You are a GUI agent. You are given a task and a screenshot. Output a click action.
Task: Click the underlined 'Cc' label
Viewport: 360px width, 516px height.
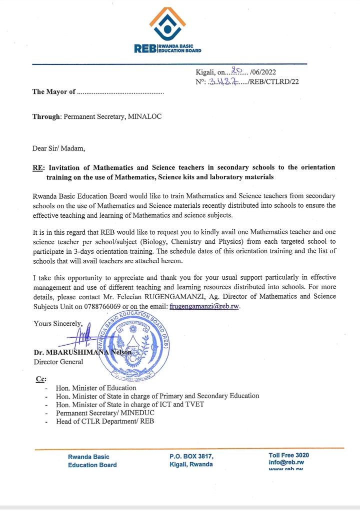pos(40,379)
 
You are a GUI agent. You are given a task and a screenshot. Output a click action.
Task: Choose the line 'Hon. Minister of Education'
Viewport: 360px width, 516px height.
pos(96,387)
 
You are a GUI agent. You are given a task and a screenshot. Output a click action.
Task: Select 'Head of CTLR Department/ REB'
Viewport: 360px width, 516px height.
pos(105,421)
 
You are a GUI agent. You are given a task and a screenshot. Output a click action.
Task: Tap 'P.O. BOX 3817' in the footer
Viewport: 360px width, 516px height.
pos(191,456)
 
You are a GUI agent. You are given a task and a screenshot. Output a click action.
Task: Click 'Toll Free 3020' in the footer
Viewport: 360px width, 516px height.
pos(288,455)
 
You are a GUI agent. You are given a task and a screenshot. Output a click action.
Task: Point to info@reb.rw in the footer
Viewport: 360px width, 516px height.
pos(286,463)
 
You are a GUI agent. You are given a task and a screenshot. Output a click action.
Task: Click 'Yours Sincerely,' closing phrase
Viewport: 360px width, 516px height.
pos(58,323)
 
